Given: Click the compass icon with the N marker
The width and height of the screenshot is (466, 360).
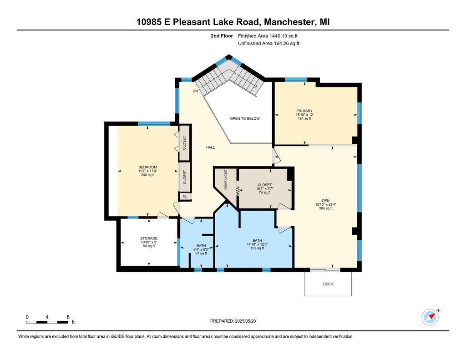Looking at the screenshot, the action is click(x=430, y=318).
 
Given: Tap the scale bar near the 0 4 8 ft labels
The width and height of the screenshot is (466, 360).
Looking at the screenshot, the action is click(x=47, y=322).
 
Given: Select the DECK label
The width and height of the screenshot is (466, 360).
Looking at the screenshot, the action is click(x=328, y=284).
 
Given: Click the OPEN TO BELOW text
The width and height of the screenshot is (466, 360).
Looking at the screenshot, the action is click(x=245, y=118).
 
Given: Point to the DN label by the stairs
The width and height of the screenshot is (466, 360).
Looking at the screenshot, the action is click(x=195, y=91).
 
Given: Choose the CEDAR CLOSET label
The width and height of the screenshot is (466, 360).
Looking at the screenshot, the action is click(x=226, y=180).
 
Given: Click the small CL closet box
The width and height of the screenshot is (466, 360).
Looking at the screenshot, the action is click(x=185, y=196).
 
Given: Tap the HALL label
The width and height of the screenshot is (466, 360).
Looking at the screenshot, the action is click(x=211, y=147).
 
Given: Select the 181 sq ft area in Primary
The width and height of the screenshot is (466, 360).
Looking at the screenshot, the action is click(x=304, y=118).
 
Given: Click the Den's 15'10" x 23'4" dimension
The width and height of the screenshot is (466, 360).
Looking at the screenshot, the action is click(x=326, y=204).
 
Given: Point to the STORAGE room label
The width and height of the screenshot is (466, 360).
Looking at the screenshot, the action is click(x=149, y=238).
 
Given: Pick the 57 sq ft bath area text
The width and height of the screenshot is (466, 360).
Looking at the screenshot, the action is click(x=201, y=254).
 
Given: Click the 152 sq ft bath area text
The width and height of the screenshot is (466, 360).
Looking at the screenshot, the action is click(x=258, y=248).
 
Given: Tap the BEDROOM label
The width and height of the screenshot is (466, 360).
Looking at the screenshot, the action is click(x=148, y=167).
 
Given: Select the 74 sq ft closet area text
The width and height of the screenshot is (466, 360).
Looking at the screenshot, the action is click(x=265, y=193).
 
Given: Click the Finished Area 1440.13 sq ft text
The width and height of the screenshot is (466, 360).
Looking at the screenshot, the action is click(x=268, y=36).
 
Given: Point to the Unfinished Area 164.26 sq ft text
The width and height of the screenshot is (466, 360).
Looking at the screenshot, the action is click(x=268, y=43).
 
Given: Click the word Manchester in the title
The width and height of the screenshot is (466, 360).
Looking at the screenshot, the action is click(x=289, y=22).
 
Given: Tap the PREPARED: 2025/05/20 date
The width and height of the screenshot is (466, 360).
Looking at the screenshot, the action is click(x=233, y=321).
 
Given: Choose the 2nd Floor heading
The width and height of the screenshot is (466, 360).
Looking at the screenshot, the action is click(x=222, y=36).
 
